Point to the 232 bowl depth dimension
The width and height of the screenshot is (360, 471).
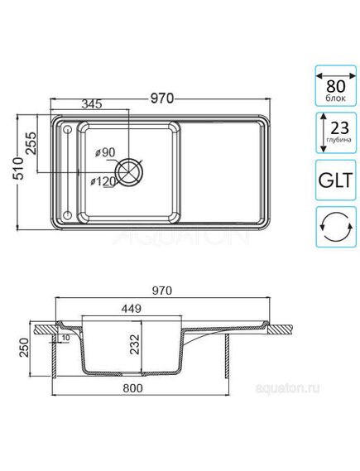point(146,343)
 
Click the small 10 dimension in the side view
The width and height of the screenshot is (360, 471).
point(65,338)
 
